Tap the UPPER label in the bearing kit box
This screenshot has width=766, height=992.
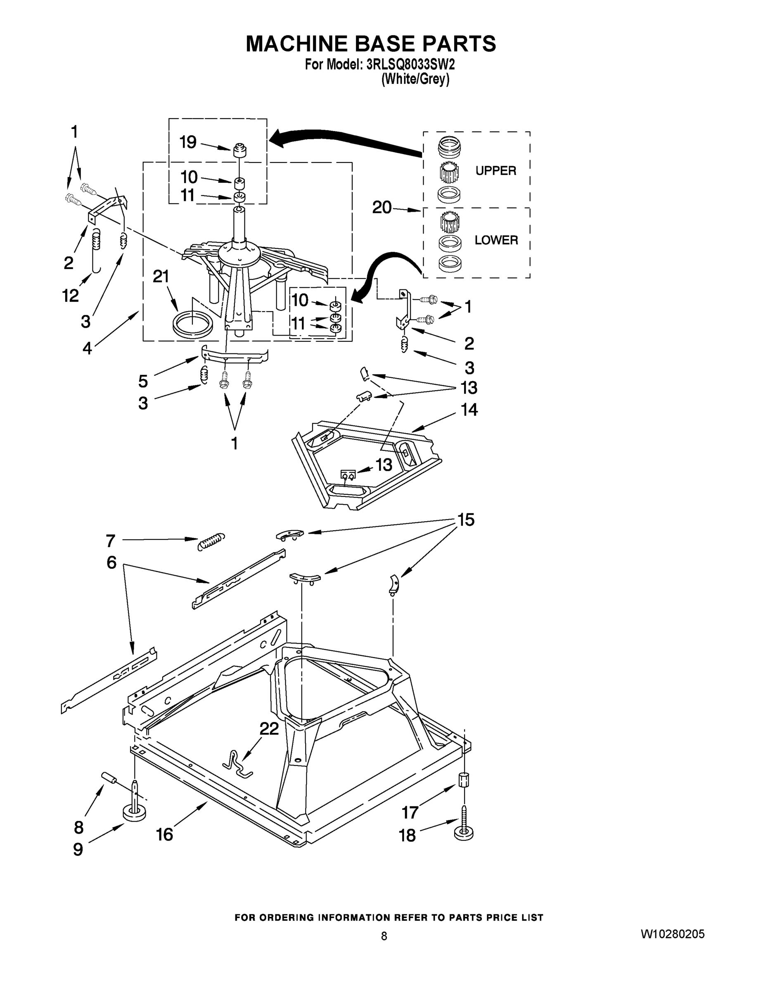pos(496,171)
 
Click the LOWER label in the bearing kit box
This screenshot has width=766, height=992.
pos(496,240)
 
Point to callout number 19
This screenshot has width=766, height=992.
pos(188,142)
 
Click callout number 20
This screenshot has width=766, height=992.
pos(382,207)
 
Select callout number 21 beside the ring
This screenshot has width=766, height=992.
pos(161,276)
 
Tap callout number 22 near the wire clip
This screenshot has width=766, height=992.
pos(269,729)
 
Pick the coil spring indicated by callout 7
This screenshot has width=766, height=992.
pos(211,541)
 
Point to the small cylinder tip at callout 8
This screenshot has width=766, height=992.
pos(109,777)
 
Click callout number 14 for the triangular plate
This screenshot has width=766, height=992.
pos(469,410)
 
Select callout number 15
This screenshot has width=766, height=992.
pos(466,520)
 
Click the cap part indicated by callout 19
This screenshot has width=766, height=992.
pos(240,150)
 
